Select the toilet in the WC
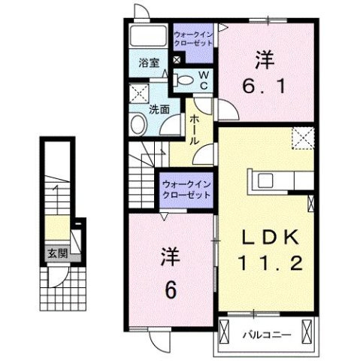pyautogui.click(x=185, y=80)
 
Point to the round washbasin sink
pyautogui.click(x=139, y=124)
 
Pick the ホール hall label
pyautogui.click(x=194, y=129)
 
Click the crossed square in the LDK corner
pyautogui.click(x=303, y=138)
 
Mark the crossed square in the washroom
pyautogui.click(x=138, y=94)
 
